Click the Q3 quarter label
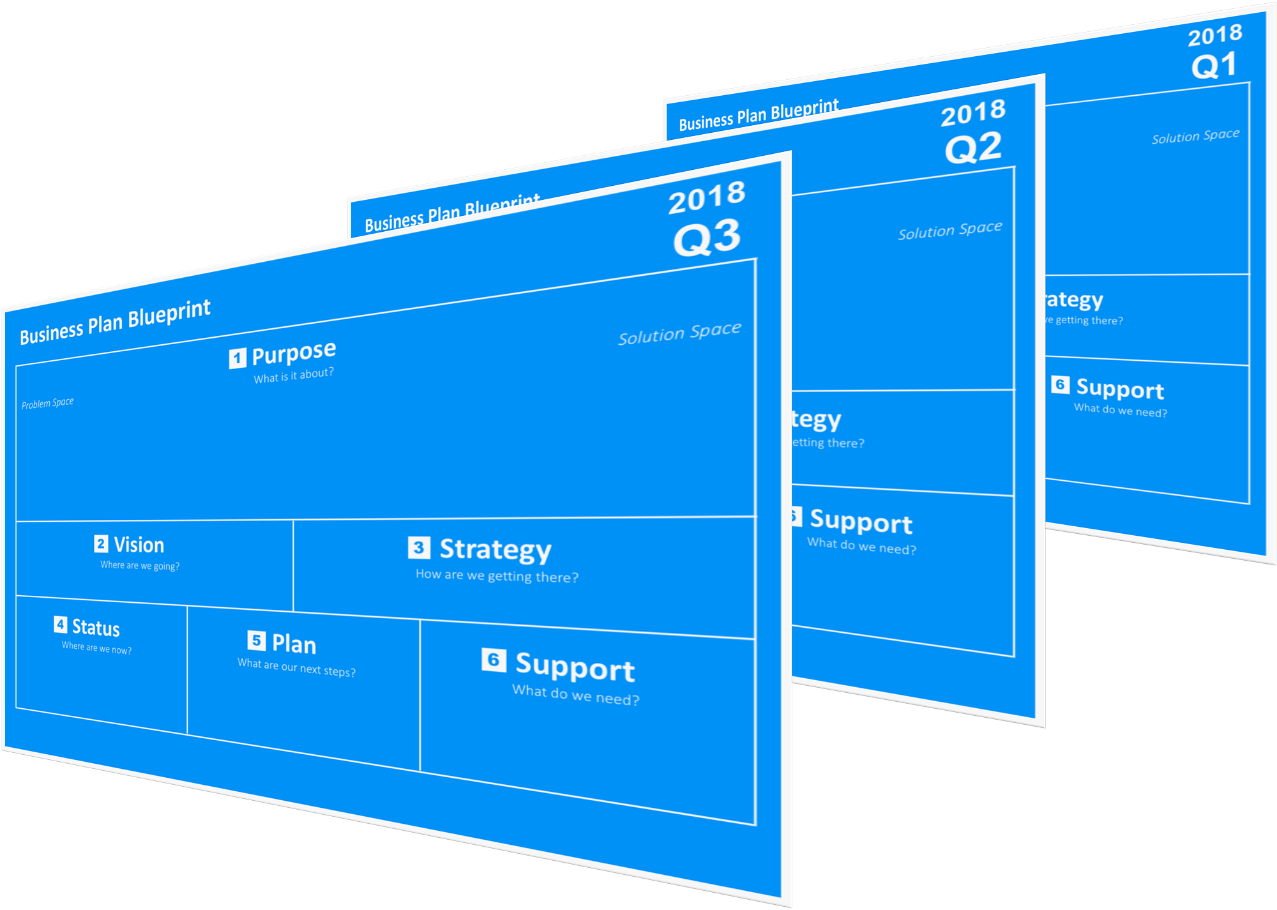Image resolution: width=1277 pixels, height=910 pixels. click(707, 238)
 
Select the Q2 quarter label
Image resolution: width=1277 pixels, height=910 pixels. click(974, 148)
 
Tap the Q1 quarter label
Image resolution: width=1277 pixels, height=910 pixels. click(1214, 66)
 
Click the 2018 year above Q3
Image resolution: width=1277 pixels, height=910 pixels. click(707, 198)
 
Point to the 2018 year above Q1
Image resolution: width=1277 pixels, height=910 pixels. click(1215, 35)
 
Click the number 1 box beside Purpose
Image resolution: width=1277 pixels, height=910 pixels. click(238, 358)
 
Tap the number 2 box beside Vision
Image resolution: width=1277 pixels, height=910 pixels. click(101, 543)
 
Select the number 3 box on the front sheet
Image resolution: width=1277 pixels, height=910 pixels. click(419, 547)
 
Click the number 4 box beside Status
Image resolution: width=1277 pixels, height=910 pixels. click(61, 625)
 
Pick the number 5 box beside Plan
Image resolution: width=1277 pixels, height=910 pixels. click(256, 640)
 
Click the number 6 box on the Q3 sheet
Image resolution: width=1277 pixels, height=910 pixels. click(494, 660)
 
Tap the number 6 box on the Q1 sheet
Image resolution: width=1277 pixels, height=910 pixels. click(1060, 384)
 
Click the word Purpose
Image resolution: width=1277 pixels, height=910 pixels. click(294, 353)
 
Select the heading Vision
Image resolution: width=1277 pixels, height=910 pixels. click(139, 545)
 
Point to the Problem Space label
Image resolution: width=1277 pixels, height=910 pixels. click(47, 403)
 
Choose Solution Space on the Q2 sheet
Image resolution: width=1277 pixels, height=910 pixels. click(950, 231)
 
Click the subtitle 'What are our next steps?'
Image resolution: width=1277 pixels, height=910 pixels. click(296, 667)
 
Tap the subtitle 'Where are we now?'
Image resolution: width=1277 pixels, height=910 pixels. click(96, 648)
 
